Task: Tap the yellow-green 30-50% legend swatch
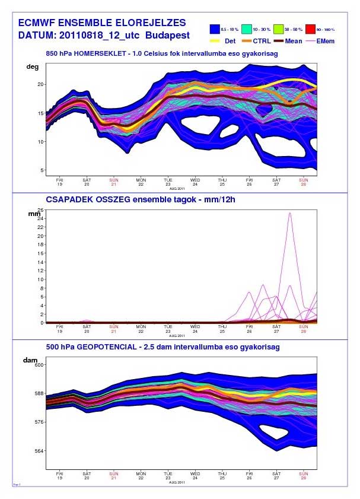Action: tap(281, 28)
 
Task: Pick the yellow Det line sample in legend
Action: tap(216, 41)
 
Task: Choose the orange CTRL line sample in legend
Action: tap(246, 41)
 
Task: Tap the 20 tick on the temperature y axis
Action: tap(41, 84)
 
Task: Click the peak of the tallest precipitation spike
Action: tap(290, 213)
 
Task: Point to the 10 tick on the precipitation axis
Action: tap(42, 279)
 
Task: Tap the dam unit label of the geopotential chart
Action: tap(30, 360)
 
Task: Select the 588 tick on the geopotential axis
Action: tap(38, 393)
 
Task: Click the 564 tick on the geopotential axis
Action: tap(38, 450)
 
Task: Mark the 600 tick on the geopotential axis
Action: tap(38, 365)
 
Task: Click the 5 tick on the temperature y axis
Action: tap(42, 170)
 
